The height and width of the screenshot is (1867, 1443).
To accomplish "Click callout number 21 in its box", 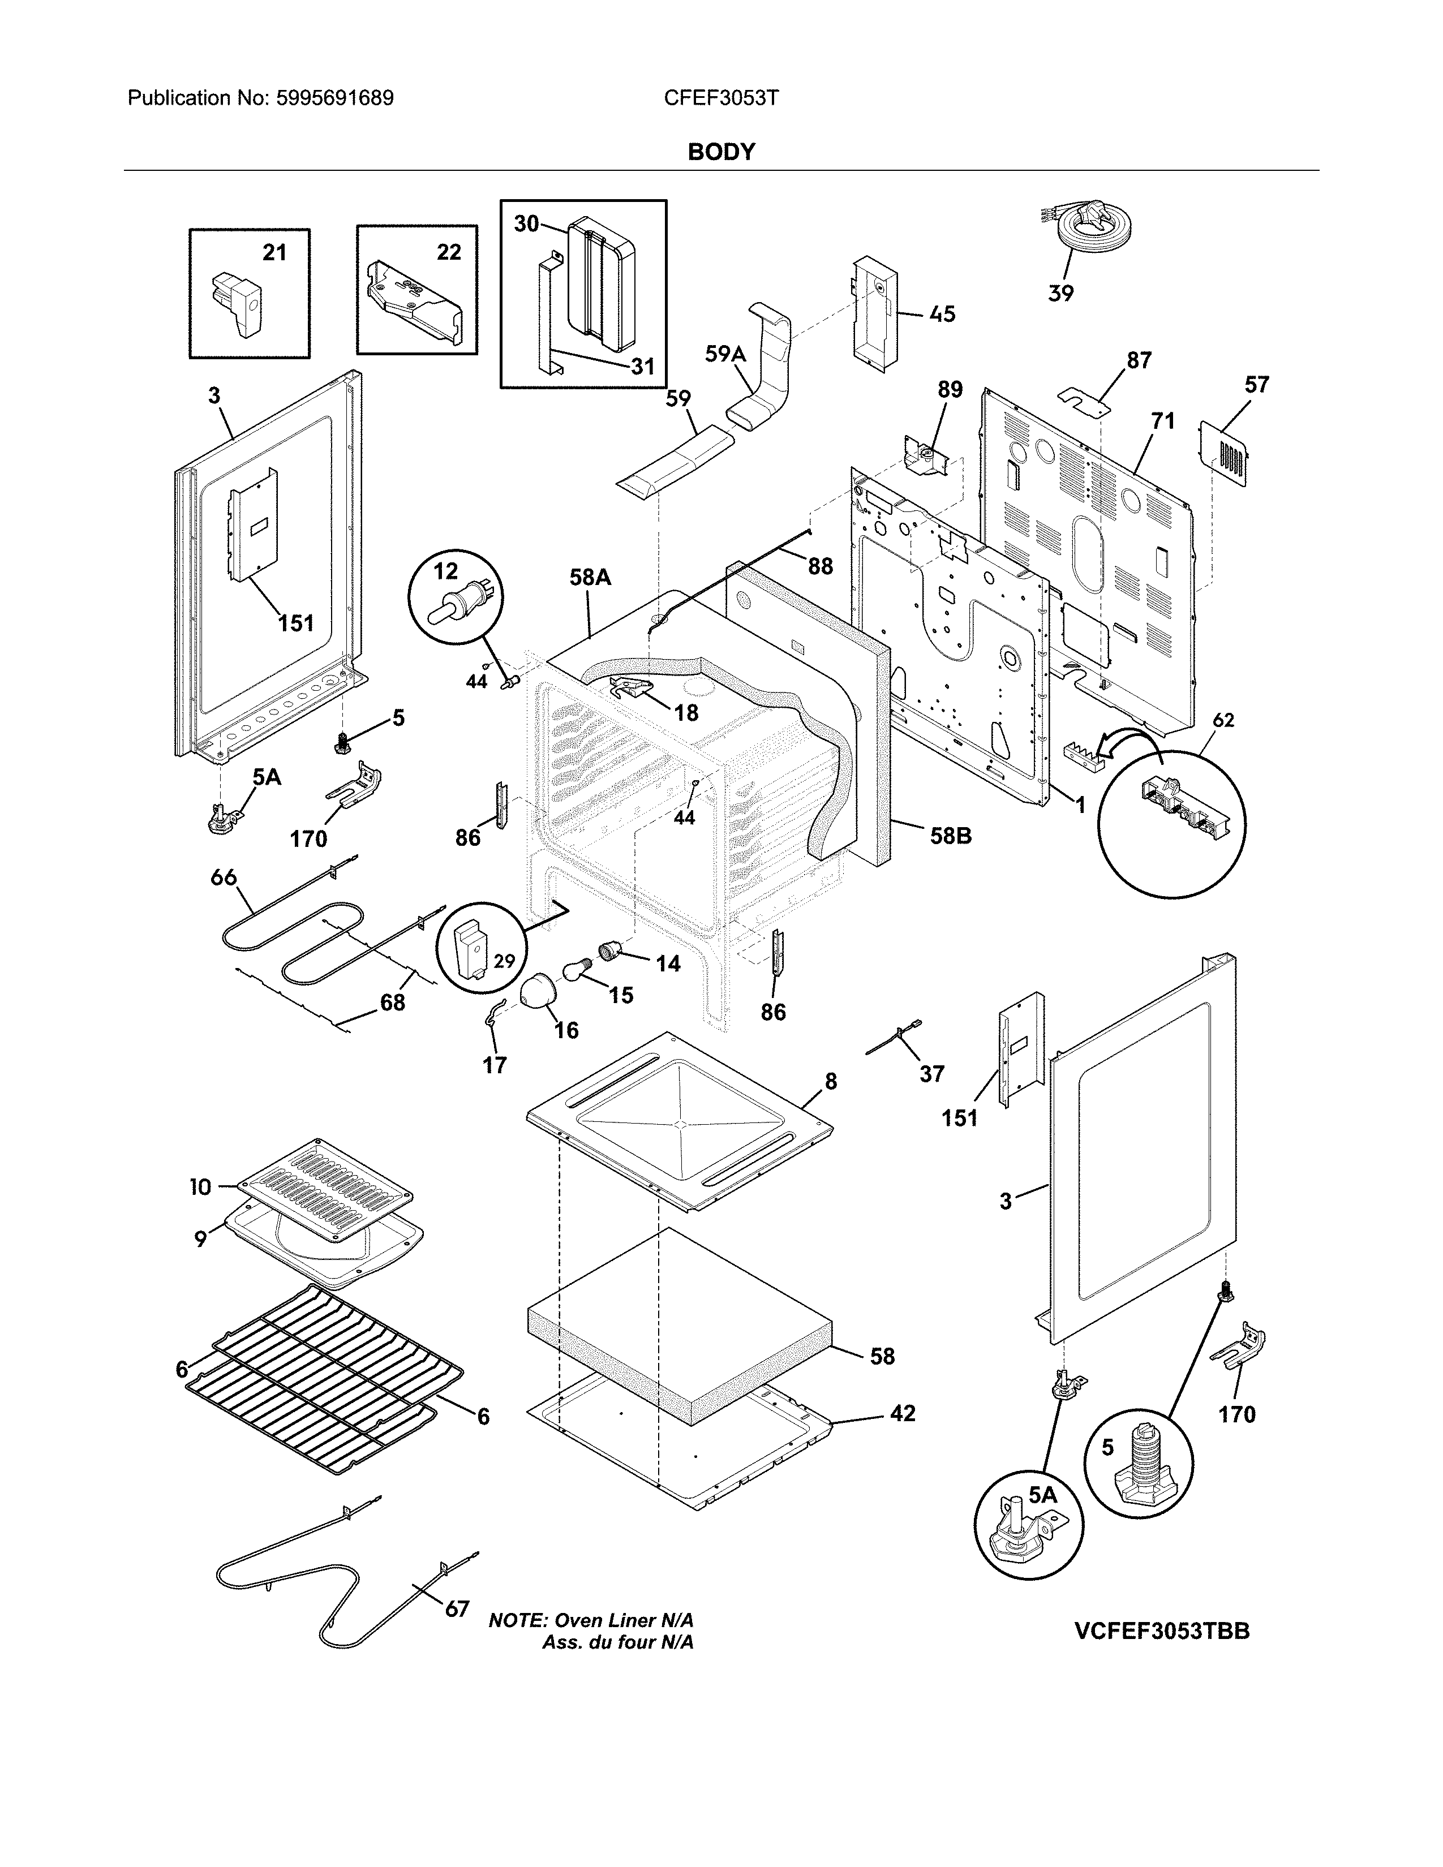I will (x=273, y=252).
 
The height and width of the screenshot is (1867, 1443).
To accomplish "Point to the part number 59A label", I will (x=725, y=353).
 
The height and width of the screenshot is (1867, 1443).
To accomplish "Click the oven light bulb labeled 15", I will (x=578, y=970).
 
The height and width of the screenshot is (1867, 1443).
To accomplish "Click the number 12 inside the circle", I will (x=445, y=571).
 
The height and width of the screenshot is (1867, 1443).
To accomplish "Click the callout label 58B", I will (x=951, y=835).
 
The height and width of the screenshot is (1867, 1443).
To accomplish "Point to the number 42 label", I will (x=902, y=1413).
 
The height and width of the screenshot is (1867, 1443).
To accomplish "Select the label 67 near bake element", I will (x=457, y=1609).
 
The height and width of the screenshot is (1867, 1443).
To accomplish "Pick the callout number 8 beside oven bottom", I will (x=830, y=1081).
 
